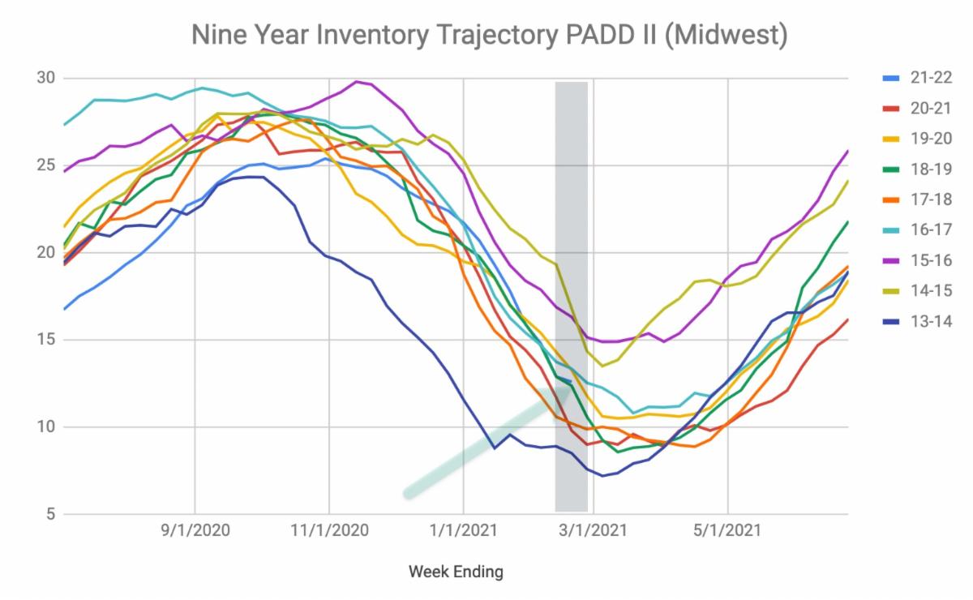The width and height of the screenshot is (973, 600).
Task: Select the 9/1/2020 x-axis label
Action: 195,531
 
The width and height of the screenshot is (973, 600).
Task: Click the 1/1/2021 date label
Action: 463,531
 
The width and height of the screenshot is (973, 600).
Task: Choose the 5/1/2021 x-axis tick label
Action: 727,531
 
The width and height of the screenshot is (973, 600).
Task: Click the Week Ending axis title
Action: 456,572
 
